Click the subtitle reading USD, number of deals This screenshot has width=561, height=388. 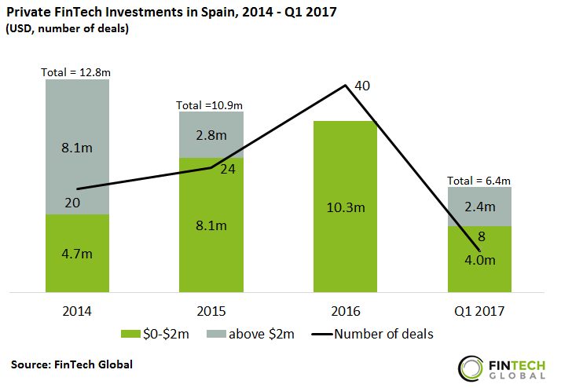[x=68, y=29]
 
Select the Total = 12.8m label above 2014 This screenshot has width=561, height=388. [x=77, y=72]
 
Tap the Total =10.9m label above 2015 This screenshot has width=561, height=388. [x=210, y=104]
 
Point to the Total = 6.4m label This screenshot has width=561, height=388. [x=479, y=179]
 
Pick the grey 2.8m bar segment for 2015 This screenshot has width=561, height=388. [x=211, y=134]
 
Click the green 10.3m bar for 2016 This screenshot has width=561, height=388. [x=345, y=207]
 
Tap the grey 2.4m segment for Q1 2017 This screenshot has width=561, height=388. [x=479, y=206]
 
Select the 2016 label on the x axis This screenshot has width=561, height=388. [x=345, y=310]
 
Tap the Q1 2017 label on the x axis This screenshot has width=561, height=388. [x=479, y=310]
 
